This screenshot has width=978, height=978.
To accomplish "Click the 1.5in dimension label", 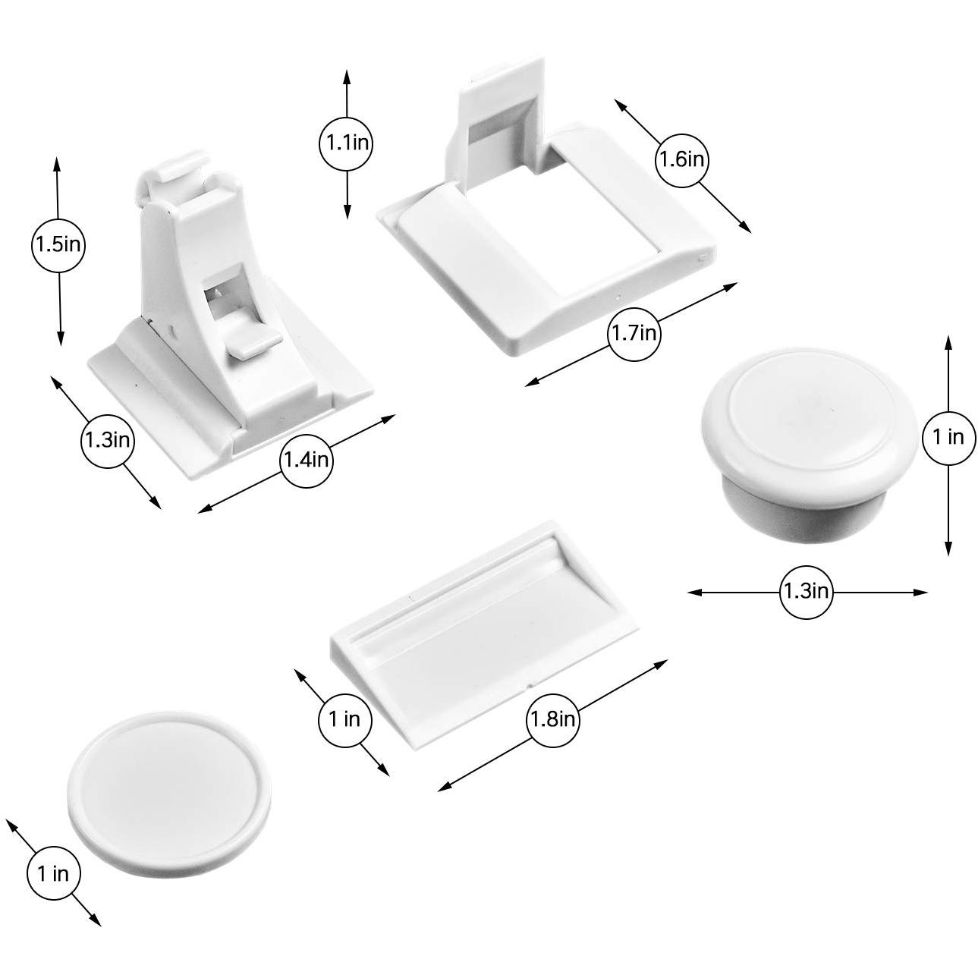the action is click(x=58, y=245).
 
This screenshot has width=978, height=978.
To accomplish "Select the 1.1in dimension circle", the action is click(x=347, y=143).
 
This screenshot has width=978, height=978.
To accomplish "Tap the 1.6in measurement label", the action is click(x=681, y=160).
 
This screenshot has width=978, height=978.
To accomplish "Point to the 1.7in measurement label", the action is click(x=634, y=333).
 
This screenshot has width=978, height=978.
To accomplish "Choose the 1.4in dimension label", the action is click(x=306, y=460).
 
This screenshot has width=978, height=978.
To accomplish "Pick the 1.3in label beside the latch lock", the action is click(x=108, y=439).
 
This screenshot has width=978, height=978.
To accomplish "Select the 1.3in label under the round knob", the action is click(x=806, y=591).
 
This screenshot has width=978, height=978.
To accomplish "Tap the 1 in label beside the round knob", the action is click(x=948, y=437).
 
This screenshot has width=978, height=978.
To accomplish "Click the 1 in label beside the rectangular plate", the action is click(x=344, y=719).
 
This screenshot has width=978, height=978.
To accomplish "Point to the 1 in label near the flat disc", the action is click(x=53, y=873).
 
